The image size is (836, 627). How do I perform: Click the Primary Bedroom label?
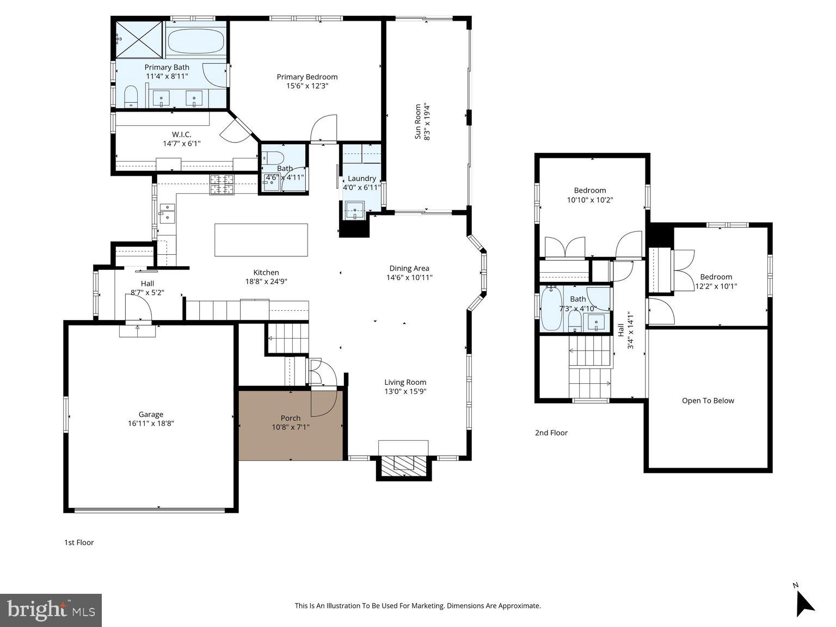(307, 77)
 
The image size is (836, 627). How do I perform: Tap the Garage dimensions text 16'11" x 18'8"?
(151, 423)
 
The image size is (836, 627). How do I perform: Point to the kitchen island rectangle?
(261, 239)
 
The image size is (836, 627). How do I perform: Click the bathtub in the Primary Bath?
(196, 41)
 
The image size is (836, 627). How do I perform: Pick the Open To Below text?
(708, 401)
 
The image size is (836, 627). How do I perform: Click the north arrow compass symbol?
(804, 602)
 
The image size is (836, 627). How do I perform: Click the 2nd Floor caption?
(551, 433)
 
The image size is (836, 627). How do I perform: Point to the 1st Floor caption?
(79, 543)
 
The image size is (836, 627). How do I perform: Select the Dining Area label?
(409, 268)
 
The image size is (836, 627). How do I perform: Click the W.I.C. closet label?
(181, 134)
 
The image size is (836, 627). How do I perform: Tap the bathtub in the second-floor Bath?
(551, 309)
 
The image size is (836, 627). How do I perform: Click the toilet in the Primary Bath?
(131, 97)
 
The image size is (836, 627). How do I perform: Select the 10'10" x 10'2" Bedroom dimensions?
(590, 200)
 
